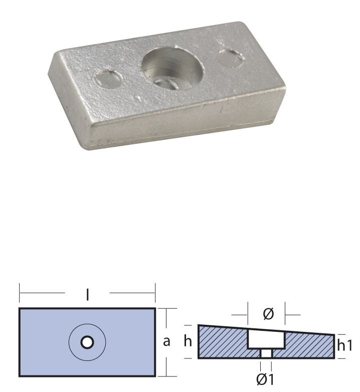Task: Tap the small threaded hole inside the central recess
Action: [x=167, y=85]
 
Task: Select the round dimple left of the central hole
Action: [x=108, y=79]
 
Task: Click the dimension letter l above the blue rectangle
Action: [x=87, y=294]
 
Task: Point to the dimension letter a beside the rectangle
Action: [x=166, y=341]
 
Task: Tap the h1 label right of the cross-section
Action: [x=345, y=345]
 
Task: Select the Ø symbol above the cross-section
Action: [x=269, y=314]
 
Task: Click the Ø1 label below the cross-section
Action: [x=265, y=379]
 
